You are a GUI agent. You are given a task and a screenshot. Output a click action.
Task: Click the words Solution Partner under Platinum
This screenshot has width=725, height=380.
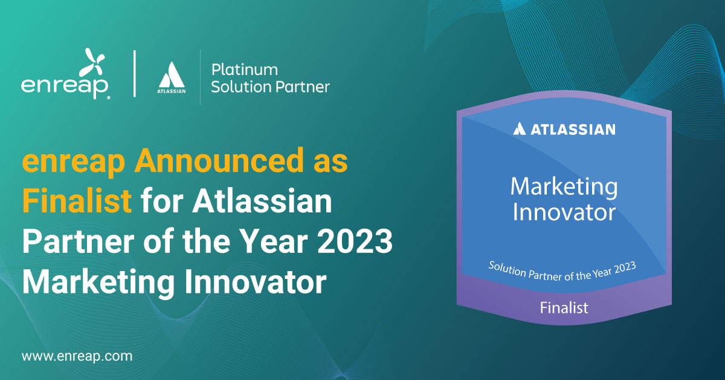[269, 87]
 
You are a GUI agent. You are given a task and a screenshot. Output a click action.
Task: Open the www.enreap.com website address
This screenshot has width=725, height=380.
[77, 356]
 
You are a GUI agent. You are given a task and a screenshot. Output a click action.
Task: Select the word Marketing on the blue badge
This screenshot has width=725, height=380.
[563, 187]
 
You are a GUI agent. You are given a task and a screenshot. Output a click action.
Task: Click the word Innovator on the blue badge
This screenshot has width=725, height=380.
[563, 212]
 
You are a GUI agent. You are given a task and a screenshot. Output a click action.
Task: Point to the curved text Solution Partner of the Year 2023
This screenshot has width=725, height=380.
[563, 270]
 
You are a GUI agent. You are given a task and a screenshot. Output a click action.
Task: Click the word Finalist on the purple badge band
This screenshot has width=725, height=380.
[564, 307]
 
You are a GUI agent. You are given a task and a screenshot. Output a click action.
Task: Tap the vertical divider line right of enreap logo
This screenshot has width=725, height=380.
[134, 74]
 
